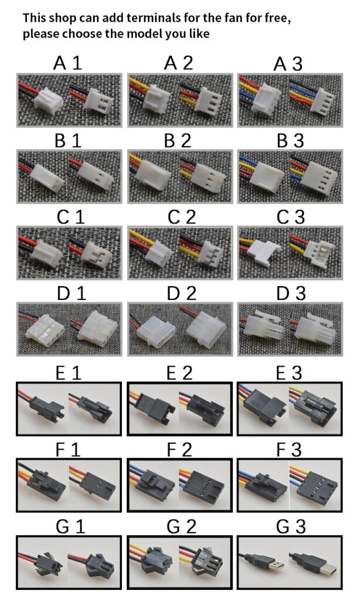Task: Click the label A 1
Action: pyautogui.click(x=67, y=63)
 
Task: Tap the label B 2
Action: pyautogui.click(x=177, y=141)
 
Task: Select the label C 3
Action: pyautogui.click(x=290, y=217)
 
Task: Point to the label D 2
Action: pyautogui.click(x=181, y=293)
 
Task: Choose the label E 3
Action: pyautogui.click(x=289, y=373)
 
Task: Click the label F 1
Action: pyautogui.click(x=68, y=449)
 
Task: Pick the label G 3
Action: pyautogui.click(x=291, y=527)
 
